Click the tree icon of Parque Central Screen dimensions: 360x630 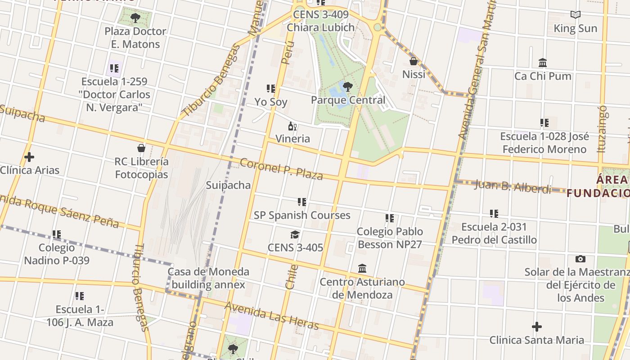347,86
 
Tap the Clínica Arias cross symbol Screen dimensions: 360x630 29,157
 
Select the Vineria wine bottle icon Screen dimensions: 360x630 292,126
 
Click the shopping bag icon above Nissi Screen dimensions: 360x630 414,61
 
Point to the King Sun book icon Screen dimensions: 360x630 575,15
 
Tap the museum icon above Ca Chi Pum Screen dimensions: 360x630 543,63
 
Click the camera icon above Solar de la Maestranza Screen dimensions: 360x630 580,259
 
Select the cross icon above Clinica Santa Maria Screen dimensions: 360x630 536,327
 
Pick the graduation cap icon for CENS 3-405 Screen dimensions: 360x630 295,234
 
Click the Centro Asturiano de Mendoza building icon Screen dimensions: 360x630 362,269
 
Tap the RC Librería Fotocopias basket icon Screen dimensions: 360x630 141,148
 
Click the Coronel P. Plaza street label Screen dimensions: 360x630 281,169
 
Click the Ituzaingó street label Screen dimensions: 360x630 602,129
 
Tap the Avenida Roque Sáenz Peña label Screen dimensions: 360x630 58,211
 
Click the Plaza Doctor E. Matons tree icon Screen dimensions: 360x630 135,18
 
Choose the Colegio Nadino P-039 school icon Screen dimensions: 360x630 57,234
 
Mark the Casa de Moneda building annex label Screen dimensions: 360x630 208,278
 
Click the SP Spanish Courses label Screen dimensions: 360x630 302,215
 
